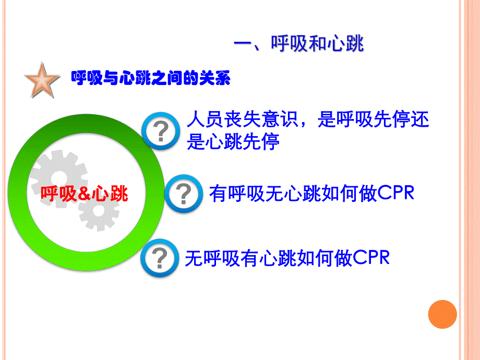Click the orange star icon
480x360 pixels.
42,80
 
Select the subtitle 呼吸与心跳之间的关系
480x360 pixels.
150,79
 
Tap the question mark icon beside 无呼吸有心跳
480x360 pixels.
160,258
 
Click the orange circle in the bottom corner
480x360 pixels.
442,315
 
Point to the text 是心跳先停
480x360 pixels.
233,142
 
